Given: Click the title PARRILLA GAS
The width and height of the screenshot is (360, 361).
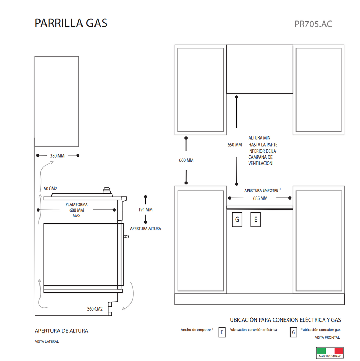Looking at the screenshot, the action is [71, 23].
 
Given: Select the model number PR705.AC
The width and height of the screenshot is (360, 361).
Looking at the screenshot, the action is [313, 24].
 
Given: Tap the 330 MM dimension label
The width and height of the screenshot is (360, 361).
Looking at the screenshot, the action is [57, 155].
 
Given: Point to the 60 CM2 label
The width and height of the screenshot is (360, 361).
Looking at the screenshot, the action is [50, 189].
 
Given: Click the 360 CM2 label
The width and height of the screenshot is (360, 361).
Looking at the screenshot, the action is [94, 309].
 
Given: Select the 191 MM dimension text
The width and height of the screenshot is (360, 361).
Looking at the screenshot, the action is [145, 209].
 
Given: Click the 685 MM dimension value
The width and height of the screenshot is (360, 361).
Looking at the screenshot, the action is [260, 198].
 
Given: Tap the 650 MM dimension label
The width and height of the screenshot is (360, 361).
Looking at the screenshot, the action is [235, 145].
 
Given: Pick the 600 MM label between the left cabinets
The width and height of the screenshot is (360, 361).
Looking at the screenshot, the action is [186, 160].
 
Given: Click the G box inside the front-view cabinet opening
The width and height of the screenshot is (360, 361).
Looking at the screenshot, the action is [237, 220].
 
